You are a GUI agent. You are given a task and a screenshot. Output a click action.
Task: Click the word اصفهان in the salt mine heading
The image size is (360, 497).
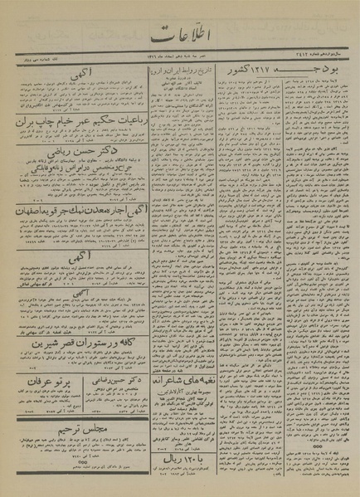click(35, 211)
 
